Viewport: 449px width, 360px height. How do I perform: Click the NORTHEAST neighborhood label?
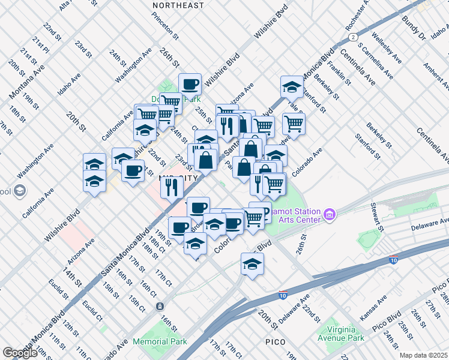178,5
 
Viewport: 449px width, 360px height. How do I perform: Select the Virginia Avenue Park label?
346,334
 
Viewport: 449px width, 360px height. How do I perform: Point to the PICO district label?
280,341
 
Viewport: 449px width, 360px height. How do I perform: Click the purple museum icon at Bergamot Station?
329,214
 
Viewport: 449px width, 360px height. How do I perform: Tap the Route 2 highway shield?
350,37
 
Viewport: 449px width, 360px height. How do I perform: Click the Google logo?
20,353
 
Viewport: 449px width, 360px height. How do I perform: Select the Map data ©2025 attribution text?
423,355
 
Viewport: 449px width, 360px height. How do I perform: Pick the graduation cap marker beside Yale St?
292,87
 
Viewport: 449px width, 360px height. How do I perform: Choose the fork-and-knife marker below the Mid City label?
172,187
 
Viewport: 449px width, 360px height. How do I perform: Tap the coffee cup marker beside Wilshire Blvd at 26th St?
190,84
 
